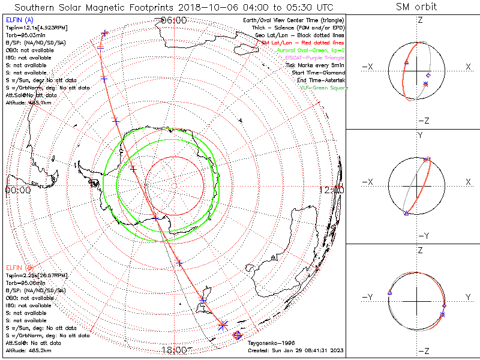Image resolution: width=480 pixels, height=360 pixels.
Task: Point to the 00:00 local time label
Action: (17, 190)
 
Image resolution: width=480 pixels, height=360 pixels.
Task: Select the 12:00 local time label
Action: (332, 190)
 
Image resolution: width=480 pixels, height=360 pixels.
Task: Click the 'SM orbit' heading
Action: (416, 7)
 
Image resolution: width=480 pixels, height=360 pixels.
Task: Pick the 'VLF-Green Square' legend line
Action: (323, 88)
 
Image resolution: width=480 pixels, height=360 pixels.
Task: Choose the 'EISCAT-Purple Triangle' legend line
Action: (317, 58)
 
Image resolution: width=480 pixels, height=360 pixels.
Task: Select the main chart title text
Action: (173, 7)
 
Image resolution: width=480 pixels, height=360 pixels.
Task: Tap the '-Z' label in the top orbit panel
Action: (423, 120)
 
